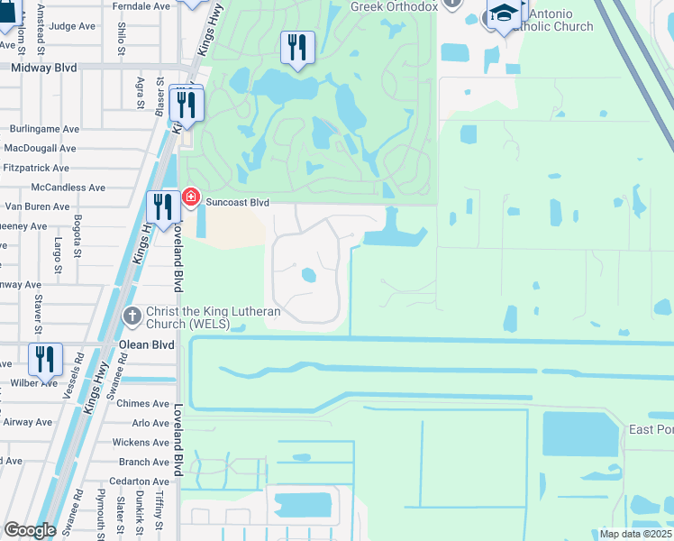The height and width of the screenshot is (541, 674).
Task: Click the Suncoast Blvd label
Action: tap(238, 203)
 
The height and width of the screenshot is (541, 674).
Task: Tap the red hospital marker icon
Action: tap(190, 197)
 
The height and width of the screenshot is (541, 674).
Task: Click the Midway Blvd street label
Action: tap(44, 68)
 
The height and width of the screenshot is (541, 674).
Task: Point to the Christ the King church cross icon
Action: tap(132, 316)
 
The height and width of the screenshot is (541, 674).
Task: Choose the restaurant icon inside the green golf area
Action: tap(297, 47)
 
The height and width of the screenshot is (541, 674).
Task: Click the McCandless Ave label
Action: tap(68, 188)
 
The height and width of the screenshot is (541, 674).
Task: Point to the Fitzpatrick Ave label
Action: tap(36, 168)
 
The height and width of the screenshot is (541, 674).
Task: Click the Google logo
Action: tap(30, 530)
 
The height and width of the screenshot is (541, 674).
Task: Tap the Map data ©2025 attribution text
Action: tap(635, 534)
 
